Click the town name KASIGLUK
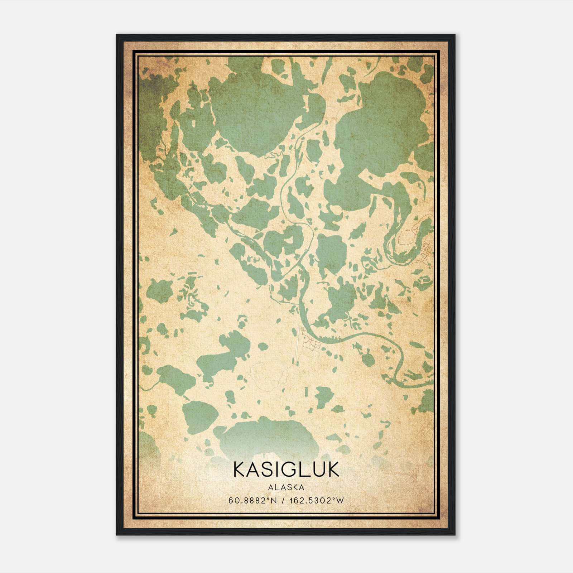coord(286,470)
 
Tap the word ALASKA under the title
coord(286,487)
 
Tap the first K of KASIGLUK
coord(240,470)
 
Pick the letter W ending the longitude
coord(340,501)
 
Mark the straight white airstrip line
coord(298,346)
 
